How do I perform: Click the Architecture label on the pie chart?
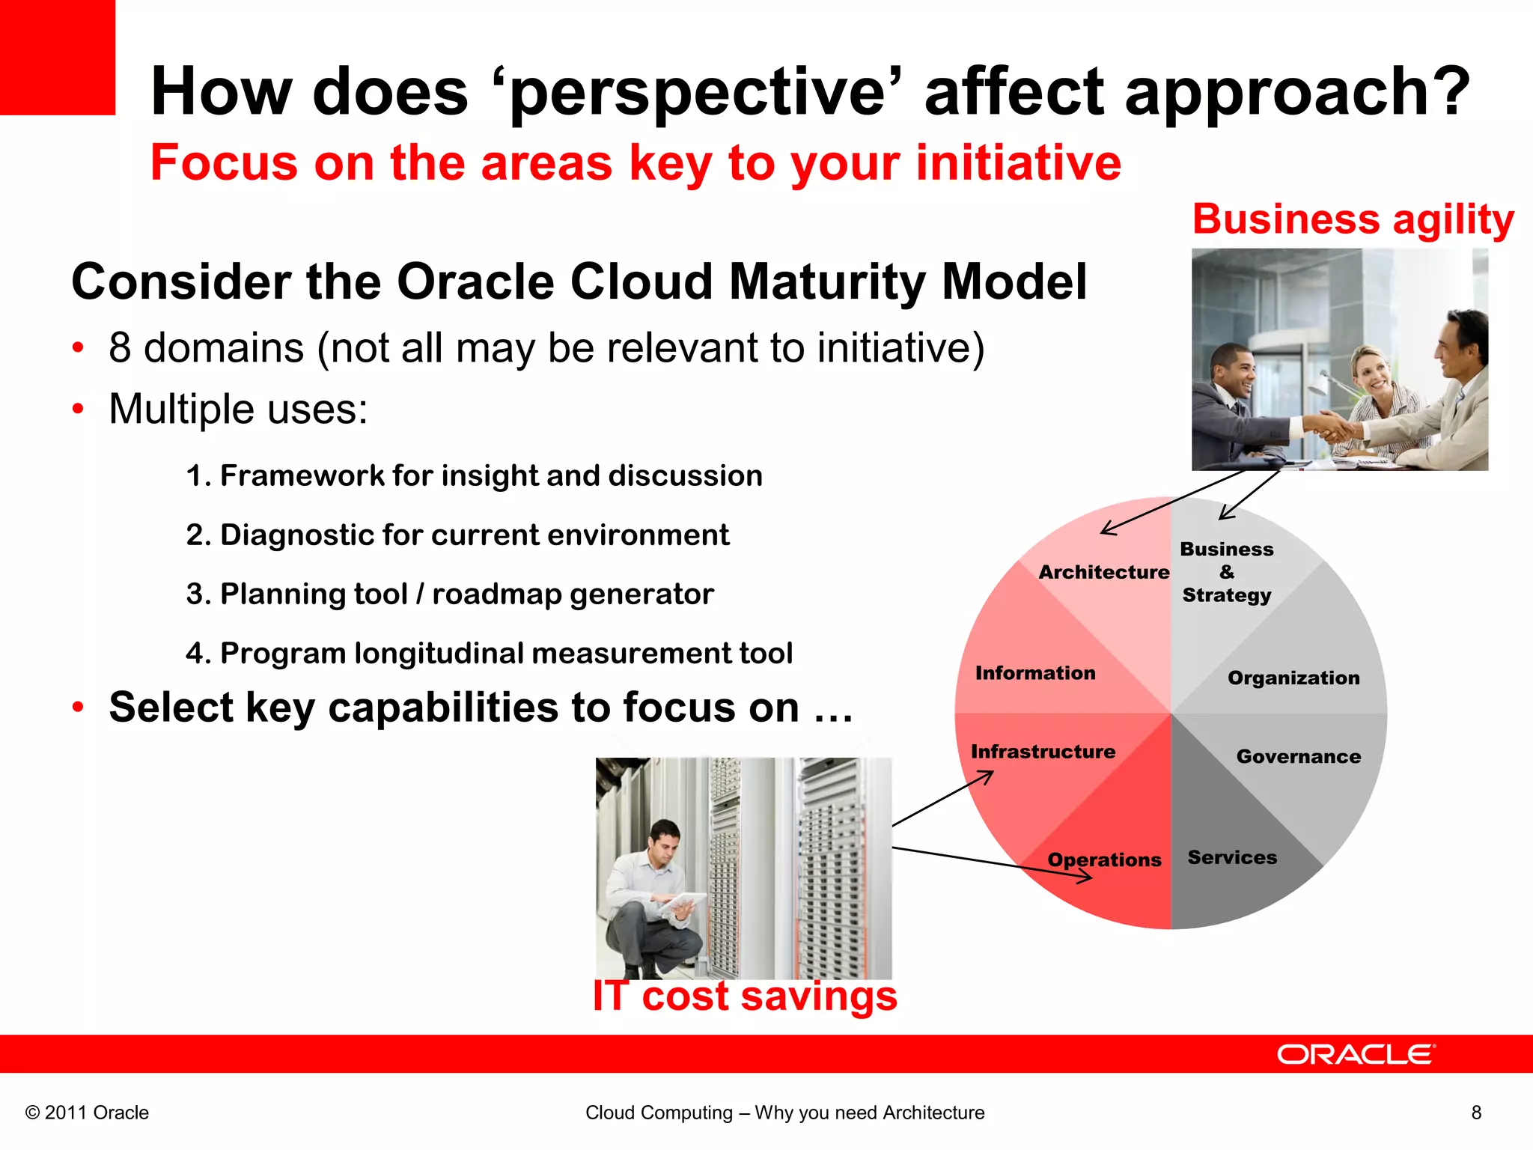1103,572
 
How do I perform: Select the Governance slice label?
1298,756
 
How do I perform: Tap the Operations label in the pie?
1103,860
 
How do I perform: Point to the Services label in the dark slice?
1232,857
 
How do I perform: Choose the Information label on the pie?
1035,673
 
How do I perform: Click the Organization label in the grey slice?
1293,678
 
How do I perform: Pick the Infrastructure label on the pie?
1043,752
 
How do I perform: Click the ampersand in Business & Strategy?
1227,572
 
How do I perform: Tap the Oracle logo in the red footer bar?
1356,1054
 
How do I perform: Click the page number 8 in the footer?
1476,1113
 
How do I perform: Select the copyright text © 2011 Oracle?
87,1113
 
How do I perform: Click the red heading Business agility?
1353,219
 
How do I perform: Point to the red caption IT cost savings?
745,997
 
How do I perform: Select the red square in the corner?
57,57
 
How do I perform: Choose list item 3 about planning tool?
450,594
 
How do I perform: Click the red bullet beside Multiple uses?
79,410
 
